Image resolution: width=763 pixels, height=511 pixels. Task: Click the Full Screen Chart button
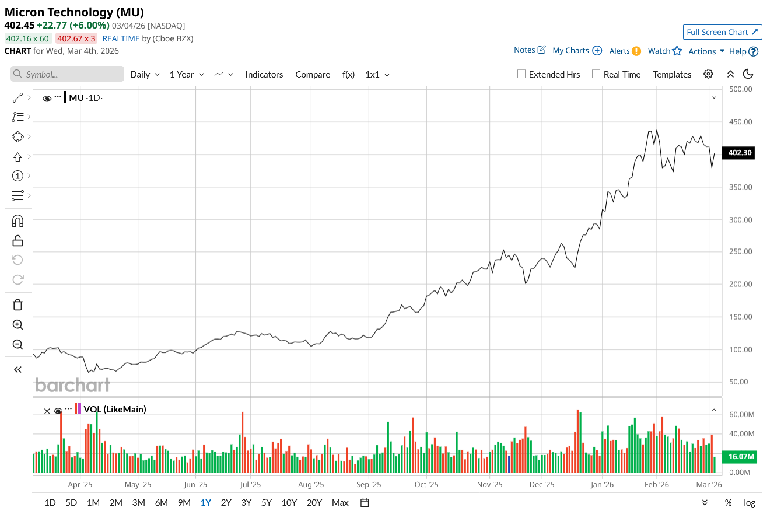[722, 32]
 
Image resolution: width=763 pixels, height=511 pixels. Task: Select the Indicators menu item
[264, 74]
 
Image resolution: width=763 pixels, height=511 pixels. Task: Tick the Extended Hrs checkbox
[522, 74]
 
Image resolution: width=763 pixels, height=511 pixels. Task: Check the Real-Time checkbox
[596, 74]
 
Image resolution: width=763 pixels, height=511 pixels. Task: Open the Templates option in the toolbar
[672, 74]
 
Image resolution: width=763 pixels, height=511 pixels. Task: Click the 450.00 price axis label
[739, 122]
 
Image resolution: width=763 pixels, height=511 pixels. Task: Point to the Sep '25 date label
[368, 484]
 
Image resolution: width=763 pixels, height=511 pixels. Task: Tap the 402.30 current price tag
[740, 153]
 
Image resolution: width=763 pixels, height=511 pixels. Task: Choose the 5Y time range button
[267, 502]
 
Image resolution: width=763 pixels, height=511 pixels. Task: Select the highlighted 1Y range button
[206, 502]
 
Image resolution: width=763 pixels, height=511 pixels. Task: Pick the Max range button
[340, 502]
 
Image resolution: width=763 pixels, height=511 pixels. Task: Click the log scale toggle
[750, 502]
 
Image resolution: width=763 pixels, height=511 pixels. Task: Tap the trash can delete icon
[17, 304]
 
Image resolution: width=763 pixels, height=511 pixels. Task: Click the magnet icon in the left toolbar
[17, 220]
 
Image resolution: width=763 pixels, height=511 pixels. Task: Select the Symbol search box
[67, 74]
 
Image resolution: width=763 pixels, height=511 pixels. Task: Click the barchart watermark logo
[72, 385]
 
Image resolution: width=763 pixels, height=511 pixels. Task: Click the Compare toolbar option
[313, 74]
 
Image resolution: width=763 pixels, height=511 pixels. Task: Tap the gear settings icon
[708, 74]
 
